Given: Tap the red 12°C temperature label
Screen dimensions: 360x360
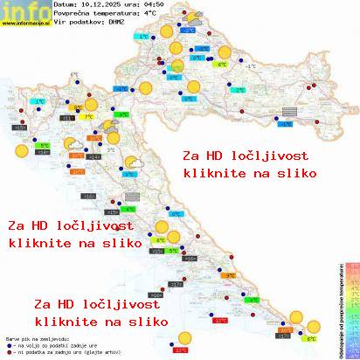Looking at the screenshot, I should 220,321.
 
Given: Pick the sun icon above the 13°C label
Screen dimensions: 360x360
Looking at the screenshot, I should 183,338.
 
